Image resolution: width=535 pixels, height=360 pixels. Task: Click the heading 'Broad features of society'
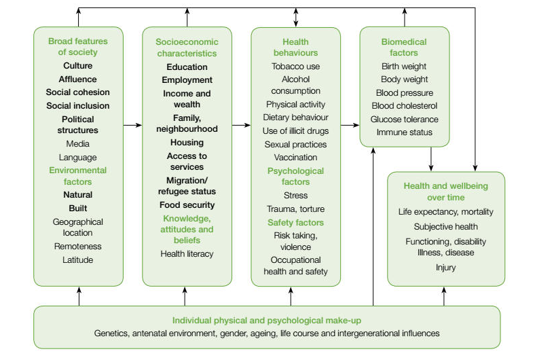(78, 46)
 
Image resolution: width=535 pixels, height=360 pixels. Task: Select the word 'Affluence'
(78, 79)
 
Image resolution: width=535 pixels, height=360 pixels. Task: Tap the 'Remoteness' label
(78, 247)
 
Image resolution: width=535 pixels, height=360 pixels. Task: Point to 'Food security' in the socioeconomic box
(187, 204)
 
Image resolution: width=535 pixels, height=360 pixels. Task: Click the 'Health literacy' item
(187, 253)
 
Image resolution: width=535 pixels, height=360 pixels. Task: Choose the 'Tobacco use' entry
(295, 67)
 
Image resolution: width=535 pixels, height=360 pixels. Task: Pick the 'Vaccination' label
(295, 157)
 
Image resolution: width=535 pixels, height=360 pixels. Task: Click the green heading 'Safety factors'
(295, 222)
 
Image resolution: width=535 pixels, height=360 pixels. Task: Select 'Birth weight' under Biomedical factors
(404, 67)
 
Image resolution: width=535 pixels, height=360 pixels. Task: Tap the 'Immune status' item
(404, 132)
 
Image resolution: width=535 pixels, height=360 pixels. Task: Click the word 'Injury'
(445, 268)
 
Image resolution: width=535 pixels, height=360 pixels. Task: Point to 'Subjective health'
(445, 226)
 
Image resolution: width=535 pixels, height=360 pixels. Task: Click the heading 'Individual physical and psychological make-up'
(267, 320)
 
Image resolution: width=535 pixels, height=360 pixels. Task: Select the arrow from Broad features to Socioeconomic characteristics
(133, 125)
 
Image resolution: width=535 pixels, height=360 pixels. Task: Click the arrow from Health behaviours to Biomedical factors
(350, 125)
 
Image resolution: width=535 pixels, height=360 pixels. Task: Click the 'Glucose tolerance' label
(404, 119)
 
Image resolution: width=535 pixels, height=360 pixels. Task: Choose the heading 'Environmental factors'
(78, 176)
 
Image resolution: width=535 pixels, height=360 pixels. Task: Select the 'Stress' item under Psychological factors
(295, 196)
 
